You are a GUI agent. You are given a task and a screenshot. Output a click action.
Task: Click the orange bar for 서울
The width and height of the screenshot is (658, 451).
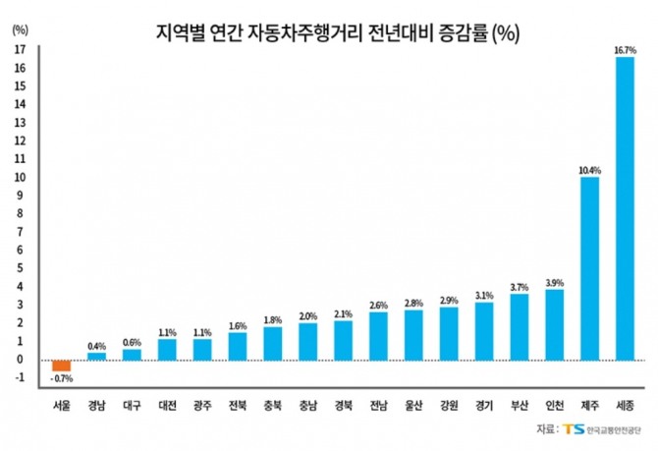[61, 365]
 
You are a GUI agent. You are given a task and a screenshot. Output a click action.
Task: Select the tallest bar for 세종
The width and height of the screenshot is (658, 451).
[624, 207]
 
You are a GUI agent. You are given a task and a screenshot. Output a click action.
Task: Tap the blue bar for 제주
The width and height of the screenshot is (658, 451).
[589, 267]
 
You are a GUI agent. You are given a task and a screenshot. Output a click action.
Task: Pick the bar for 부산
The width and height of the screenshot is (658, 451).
[519, 326]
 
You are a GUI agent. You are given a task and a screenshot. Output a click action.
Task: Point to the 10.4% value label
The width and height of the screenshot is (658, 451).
[589, 170]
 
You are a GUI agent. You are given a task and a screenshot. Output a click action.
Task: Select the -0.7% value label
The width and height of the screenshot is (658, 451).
[61, 378]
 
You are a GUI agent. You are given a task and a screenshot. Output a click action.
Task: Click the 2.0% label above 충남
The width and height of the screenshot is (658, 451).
[307, 315]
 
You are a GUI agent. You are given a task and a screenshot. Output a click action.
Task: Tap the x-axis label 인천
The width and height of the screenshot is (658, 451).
[554, 403]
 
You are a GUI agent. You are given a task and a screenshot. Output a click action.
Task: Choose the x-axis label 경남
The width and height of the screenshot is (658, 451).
[96, 403]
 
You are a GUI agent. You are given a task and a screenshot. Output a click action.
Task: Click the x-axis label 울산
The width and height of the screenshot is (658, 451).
[413, 403]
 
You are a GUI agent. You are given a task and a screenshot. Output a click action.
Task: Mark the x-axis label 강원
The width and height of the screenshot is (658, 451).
[449, 403]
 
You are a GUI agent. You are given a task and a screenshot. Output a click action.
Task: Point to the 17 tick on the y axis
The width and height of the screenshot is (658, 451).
[21, 47]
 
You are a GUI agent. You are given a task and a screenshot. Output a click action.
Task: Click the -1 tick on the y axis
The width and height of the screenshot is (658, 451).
[21, 378]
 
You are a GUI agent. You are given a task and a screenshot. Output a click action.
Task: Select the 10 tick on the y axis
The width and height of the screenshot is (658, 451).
[21, 177]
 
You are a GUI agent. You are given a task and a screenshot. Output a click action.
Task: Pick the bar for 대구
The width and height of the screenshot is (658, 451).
[132, 354]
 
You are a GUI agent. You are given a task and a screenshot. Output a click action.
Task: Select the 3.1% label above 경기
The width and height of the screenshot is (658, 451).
[484, 295]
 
